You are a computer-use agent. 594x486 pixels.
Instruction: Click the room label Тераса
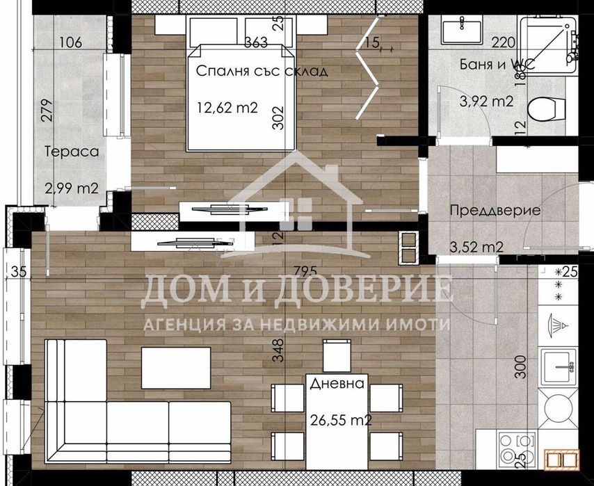point(72,151)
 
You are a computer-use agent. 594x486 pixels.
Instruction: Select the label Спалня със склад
point(261,71)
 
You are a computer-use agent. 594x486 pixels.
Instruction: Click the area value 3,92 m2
point(486,102)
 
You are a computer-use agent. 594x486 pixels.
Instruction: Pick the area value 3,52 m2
point(476,245)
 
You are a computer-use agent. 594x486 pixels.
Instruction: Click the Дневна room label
point(337,384)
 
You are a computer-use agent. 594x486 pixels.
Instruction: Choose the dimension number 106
point(71,43)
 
